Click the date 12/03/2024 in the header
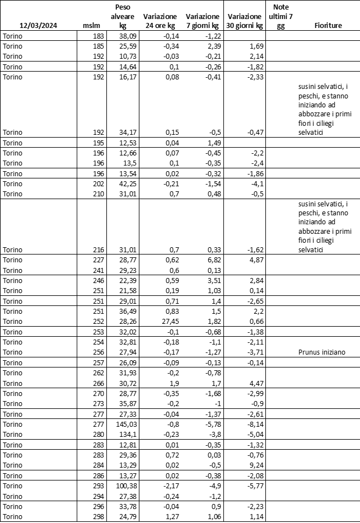39,26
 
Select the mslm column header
91,26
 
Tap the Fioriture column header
329,26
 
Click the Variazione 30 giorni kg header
245,21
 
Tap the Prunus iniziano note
321,352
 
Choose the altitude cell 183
99,36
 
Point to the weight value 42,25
127,183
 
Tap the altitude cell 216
99,249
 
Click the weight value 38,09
127,36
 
